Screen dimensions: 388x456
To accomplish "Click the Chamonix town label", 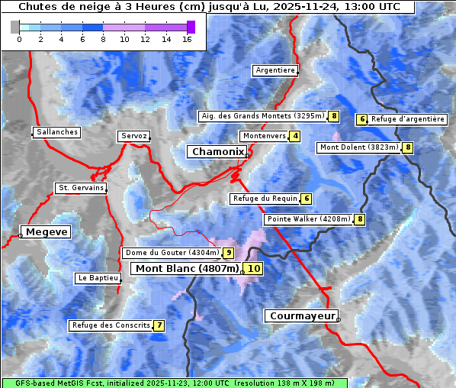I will [x=217, y=152].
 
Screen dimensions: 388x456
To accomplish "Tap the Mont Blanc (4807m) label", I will [x=187, y=269].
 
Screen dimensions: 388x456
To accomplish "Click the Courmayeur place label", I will [x=301, y=315].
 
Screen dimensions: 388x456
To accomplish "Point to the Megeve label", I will [x=47, y=232].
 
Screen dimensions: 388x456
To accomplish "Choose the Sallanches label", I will [x=57, y=132].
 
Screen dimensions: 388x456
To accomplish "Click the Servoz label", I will [x=133, y=136].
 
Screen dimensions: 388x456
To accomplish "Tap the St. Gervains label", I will [x=80, y=188].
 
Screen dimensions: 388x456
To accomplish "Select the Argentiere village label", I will [x=275, y=70].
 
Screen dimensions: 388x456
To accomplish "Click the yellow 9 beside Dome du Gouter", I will [x=228, y=253].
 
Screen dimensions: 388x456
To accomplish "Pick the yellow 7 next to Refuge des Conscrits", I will [x=159, y=325].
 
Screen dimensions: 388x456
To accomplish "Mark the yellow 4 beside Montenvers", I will [x=295, y=136].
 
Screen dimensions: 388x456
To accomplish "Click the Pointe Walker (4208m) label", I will [x=308, y=219].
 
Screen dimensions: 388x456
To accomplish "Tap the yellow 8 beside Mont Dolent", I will [x=408, y=147].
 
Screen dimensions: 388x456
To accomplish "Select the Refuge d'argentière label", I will [x=407, y=119].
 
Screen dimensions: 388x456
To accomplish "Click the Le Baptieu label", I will [x=97, y=279].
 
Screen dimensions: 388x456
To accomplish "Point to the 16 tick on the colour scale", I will [x=187, y=39].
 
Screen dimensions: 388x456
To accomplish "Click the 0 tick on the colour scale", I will [x=19, y=39].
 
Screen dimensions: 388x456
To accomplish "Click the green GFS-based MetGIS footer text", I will [x=174, y=383].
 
